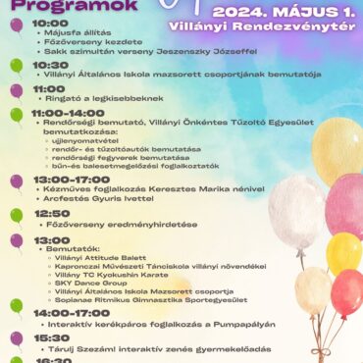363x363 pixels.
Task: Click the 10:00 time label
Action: coord(50,23)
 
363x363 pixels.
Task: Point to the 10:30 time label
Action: coord(50,65)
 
